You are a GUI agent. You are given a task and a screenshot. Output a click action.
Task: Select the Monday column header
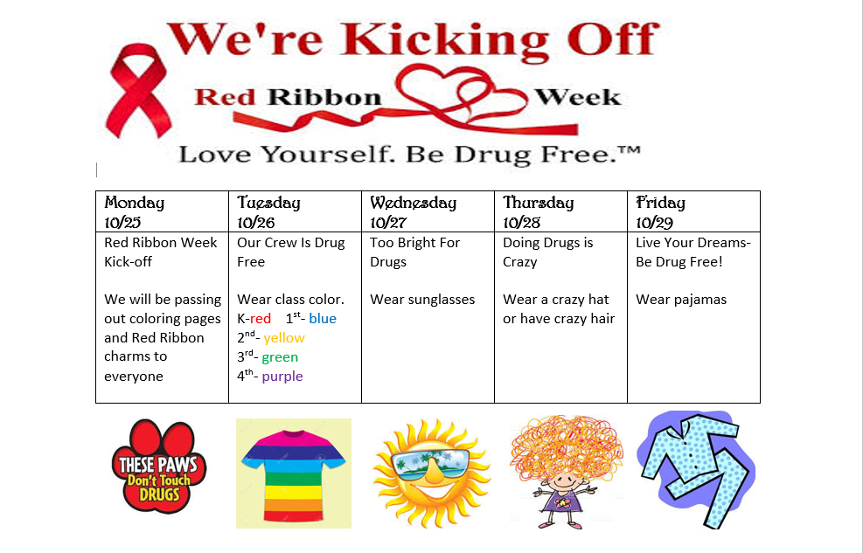134,203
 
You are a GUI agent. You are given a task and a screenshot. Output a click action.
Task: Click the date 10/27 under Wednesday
388,222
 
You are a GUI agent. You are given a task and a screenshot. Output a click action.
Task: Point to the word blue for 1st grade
323,319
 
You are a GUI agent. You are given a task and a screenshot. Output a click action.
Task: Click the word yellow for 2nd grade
284,338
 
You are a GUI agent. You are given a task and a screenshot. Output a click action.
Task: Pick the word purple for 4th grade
282,377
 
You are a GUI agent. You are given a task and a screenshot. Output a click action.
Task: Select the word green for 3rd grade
280,357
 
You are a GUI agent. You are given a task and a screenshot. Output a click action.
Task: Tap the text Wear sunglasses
422,300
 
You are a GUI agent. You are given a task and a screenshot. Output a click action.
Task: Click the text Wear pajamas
681,300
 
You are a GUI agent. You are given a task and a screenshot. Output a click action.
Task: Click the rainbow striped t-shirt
294,472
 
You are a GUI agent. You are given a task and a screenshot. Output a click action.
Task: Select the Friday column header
660,203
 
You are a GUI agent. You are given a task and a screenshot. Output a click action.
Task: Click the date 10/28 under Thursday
521,222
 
